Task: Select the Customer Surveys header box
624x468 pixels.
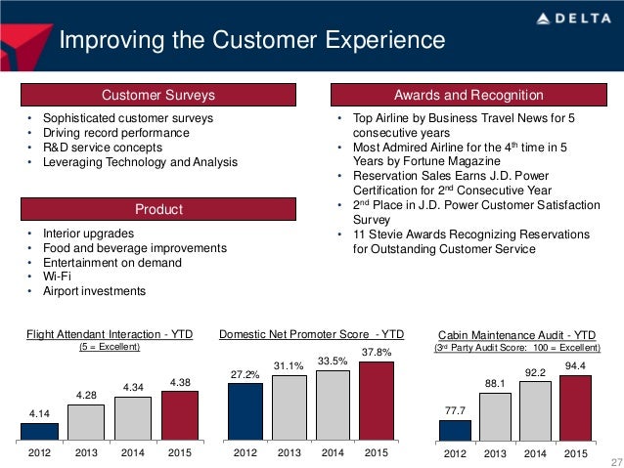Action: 158,95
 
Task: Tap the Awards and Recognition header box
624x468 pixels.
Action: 468,95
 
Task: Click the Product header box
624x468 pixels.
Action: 158,210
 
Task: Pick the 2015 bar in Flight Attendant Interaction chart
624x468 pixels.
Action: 181,416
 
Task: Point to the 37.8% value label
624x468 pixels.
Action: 378,352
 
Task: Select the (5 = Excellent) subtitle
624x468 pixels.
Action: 110,348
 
